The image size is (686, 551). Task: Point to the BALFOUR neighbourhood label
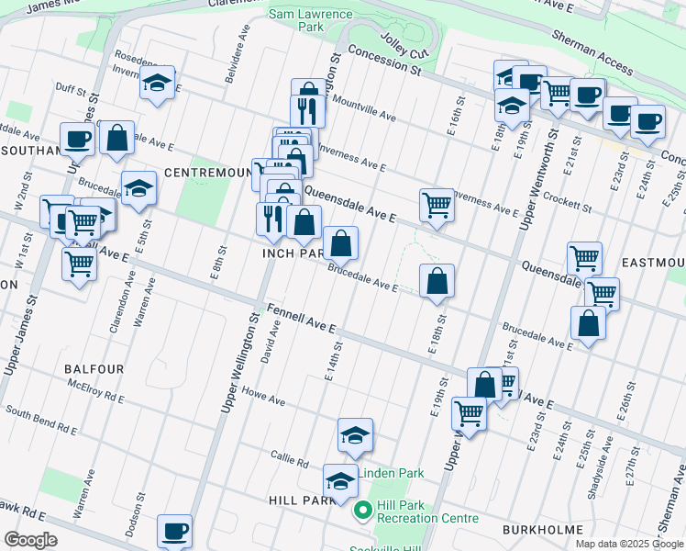[94, 368]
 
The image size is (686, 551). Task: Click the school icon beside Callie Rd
[356, 435]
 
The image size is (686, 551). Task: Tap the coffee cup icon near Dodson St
[174, 530]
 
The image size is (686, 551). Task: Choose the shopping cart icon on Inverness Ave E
[437, 204]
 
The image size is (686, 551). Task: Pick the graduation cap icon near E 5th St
[138, 188]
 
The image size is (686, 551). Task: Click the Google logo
[30, 540]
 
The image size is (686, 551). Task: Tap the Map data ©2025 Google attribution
[628, 544]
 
